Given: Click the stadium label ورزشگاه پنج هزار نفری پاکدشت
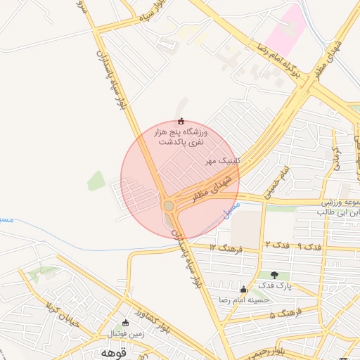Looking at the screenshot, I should point(181,136).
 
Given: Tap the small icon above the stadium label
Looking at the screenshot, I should point(182,121).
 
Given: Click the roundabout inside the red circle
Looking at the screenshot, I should point(168,205).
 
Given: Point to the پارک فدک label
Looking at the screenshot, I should point(274,285).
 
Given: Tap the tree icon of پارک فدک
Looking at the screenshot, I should point(274,275).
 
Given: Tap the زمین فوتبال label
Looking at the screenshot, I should point(126,334).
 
